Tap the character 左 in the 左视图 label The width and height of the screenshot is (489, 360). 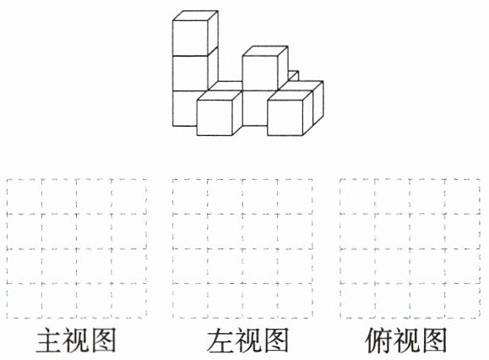coord(220,340)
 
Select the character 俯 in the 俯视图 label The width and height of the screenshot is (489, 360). coord(378,340)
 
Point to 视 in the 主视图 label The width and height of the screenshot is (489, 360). coord(76,340)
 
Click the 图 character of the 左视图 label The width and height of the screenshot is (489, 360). coord(274,340)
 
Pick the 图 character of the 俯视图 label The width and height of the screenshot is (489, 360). coord(433,340)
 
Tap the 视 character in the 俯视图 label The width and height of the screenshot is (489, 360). coord(406,340)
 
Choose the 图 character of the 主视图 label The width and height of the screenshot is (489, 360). coord(102,340)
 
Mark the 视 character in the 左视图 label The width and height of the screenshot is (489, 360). coord(247,340)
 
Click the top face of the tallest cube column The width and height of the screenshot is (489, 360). coord(195,16)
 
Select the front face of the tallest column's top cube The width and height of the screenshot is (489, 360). coord(190,38)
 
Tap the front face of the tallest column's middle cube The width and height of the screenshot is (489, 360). coord(190,74)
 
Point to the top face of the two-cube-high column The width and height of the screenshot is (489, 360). coord(265,52)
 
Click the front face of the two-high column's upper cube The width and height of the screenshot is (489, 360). coord(260,74)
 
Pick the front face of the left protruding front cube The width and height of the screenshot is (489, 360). coord(215,118)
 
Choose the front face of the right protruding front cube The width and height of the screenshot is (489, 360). coord(285,118)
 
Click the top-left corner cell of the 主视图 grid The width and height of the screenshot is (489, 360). coord(24,197)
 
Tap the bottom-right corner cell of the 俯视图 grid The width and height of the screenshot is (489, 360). coord(463,301)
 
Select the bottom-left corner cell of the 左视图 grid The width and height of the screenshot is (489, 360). coord(190,301)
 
